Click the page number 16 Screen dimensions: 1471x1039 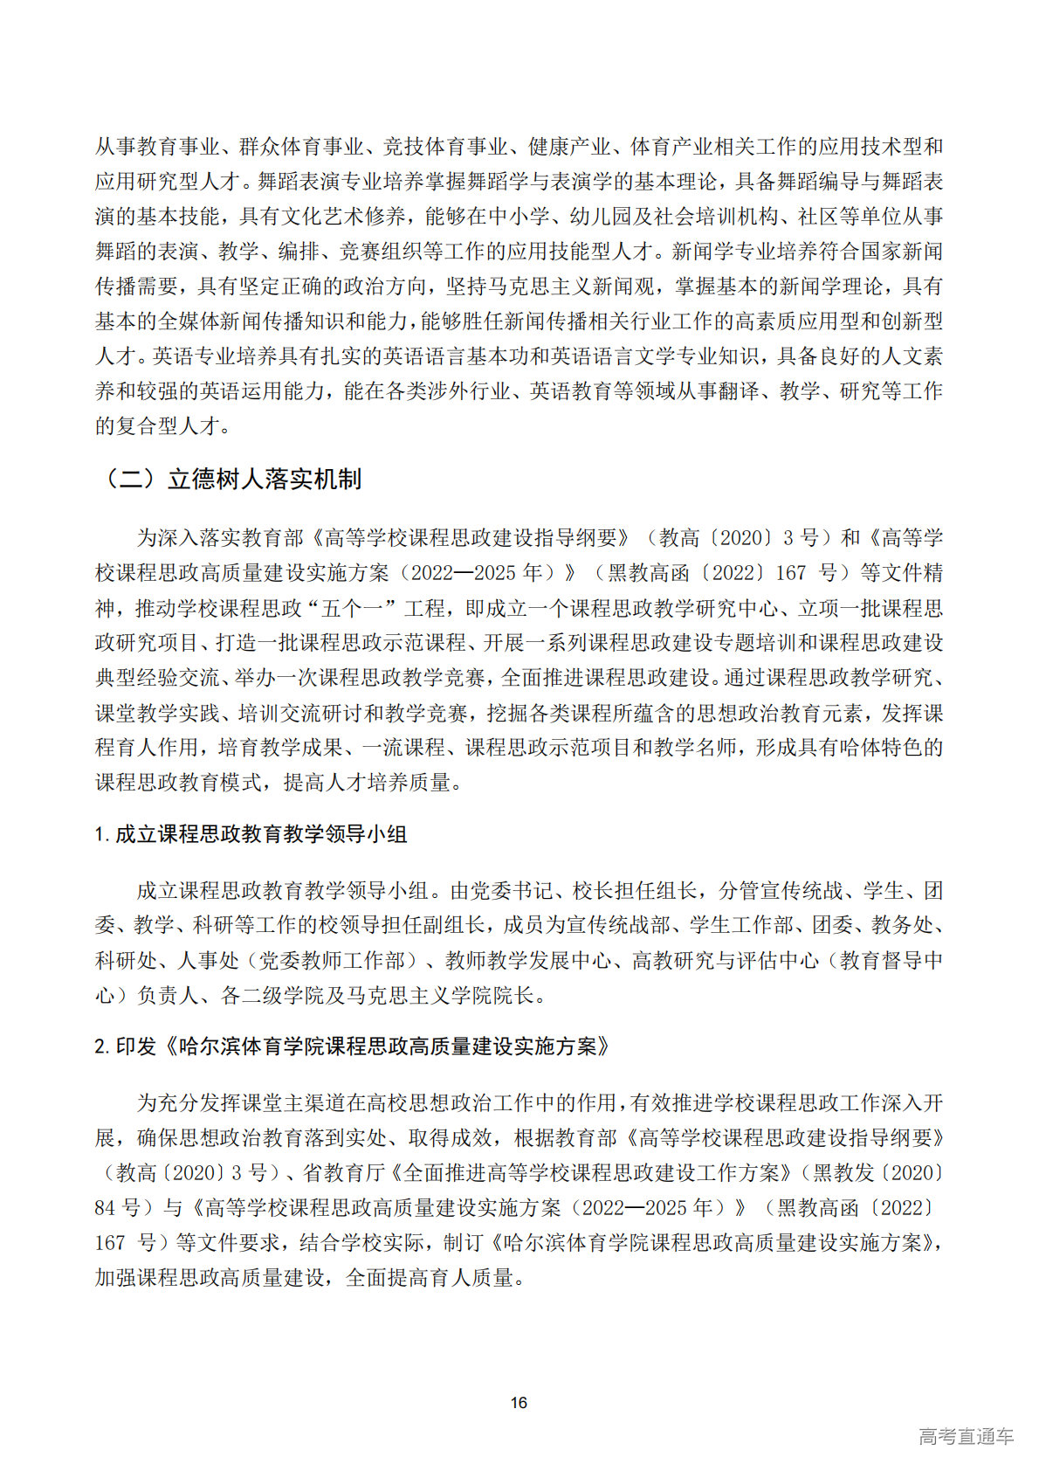tap(519, 1402)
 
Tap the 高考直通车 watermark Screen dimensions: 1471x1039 tap(965, 1436)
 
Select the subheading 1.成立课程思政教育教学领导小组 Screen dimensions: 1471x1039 tap(251, 834)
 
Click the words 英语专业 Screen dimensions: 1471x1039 tap(194, 356)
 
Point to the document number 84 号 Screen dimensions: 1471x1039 tap(118, 1207)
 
